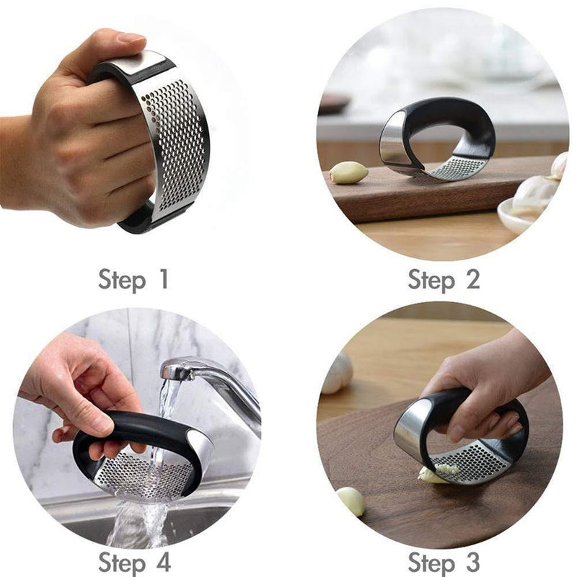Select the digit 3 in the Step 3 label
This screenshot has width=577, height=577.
(471, 561)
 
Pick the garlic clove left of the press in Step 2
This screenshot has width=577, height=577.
(349, 172)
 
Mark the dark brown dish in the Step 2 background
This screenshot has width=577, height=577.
(335, 103)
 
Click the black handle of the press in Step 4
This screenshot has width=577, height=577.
(130, 429)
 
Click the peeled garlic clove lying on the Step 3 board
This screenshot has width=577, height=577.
(352, 501)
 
